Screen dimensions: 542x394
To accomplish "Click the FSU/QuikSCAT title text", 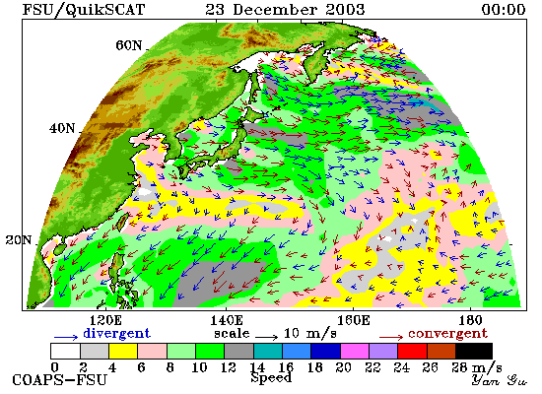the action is [x=84, y=9].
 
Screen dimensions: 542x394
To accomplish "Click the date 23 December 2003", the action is [x=285, y=9].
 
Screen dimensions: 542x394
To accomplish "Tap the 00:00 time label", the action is [x=504, y=9].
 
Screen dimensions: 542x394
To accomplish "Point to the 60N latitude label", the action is [x=129, y=45].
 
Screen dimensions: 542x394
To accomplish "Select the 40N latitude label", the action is [x=62, y=129].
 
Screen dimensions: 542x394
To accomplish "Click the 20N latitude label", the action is [x=19, y=240].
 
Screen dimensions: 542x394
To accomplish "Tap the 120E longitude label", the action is [x=104, y=320].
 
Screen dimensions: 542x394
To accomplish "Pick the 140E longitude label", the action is [x=227, y=320].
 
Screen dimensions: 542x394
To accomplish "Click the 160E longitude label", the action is [x=353, y=320].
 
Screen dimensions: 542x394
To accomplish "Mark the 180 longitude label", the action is [x=470, y=320].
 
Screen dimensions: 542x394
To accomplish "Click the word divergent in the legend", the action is [x=117, y=334].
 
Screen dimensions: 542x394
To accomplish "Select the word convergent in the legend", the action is [x=448, y=334].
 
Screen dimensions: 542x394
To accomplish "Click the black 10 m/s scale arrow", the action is [x=267, y=336].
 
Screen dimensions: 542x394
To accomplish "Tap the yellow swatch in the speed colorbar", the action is [x=123, y=351].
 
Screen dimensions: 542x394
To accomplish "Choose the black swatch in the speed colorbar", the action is [x=474, y=351].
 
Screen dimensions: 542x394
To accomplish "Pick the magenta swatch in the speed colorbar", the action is [x=355, y=351].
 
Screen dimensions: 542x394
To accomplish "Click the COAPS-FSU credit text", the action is [x=60, y=380].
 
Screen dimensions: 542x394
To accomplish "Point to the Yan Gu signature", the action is [x=500, y=380].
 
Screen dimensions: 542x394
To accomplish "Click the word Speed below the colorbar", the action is [x=271, y=378].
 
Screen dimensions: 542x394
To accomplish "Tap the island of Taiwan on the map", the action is [x=122, y=222].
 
